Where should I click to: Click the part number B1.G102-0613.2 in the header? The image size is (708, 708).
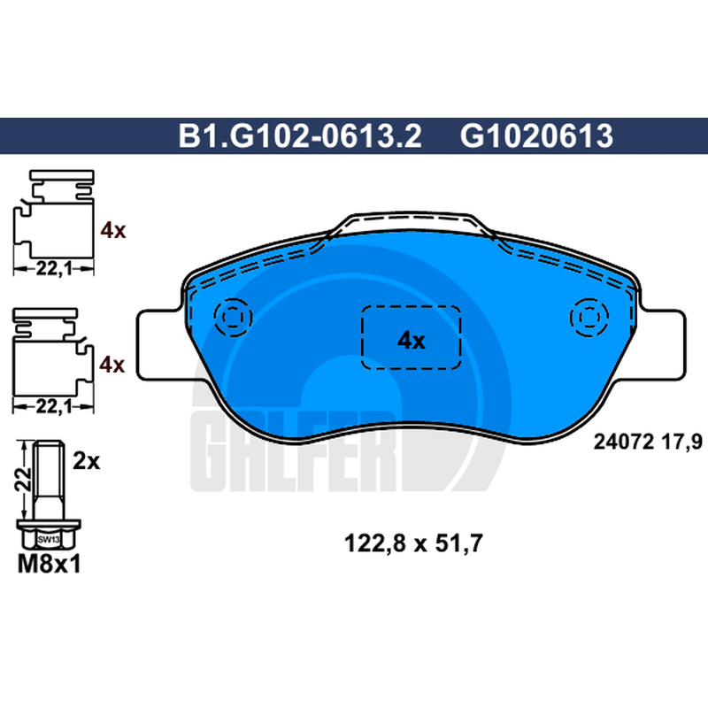click(300, 136)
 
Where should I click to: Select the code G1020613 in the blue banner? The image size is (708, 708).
click(536, 136)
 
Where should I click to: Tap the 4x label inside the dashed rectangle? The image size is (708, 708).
click(411, 341)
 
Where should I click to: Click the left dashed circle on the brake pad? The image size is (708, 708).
click(233, 318)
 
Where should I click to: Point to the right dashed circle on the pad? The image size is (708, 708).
click(589, 318)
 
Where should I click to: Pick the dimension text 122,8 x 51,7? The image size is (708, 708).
click(413, 543)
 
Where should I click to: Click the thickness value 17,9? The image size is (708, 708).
click(682, 442)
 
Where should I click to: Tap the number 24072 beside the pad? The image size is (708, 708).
click(624, 442)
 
